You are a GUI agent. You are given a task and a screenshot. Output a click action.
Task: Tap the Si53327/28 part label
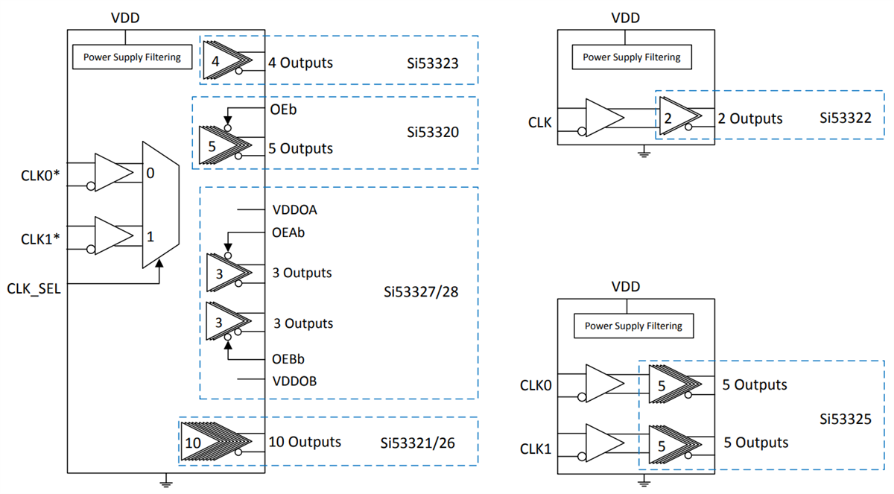coord(421,291)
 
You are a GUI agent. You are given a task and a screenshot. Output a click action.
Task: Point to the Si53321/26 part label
coord(418,443)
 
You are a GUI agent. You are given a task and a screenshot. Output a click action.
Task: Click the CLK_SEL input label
coord(33,288)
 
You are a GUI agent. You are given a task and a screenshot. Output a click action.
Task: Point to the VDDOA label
coord(295,210)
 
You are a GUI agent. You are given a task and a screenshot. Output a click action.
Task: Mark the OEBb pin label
coord(288,358)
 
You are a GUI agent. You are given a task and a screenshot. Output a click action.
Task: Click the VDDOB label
coord(295,381)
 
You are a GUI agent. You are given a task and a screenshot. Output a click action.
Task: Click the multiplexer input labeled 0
coord(150,174)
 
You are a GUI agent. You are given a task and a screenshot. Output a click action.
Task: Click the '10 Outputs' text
coord(305,442)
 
